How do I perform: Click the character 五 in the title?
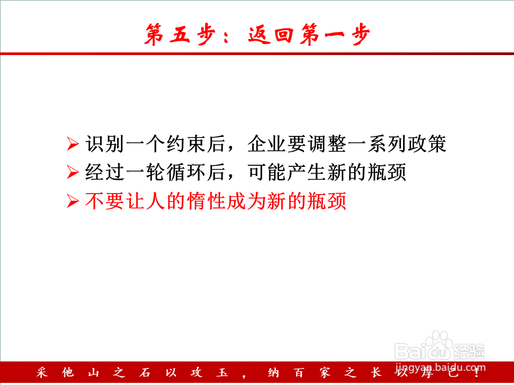pyautogui.click(x=180, y=34)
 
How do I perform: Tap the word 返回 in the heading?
pyautogui.click(x=271, y=34)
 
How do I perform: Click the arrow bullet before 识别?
pyautogui.click(x=73, y=144)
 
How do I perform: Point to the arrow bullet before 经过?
pyautogui.click(x=73, y=172)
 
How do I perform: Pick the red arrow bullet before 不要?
pyautogui.click(x=73, y=201)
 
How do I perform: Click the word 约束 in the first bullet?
pyautogui.click(x=186, y=144)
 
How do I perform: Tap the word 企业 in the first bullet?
pyautogui.click(x=267, y=144)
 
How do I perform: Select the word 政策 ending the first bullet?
pyautogui.click(x=427, y=144)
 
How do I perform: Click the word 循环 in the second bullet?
pyautogui.click(x=186, y=172)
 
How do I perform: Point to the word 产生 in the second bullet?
pyautogui.click(x=307, y=172)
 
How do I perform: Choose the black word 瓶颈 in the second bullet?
pyautogui.click(x=387, y=172)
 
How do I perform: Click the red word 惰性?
pyautogui.click(x=206, y=201)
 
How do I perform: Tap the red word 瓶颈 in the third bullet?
pyautogui.click(x=327, y=201)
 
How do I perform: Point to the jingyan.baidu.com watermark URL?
pyautogui.click(x=440, y=368)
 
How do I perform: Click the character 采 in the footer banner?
pyautogui.click(x=42, y=373)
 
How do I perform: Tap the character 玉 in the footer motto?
pyautogui.click(x=222, y=373)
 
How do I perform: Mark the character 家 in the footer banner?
pyautogui.click(x=325, y=373)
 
